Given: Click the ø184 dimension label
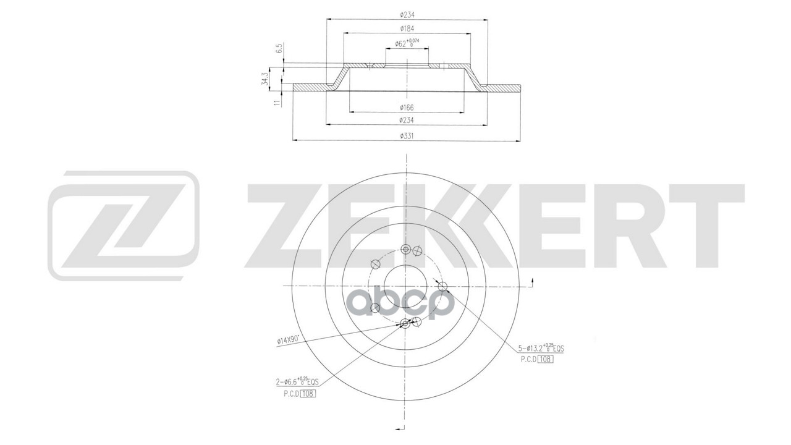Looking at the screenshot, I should [x=407, y=28].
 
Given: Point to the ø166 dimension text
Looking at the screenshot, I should [x=407, y=107].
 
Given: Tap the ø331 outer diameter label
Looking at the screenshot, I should [x=407, y=135].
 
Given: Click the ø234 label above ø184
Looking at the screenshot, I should [x=407, y=14].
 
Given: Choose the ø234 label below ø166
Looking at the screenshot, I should [x=407, y=120].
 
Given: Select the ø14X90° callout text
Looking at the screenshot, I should [x=288, y=339].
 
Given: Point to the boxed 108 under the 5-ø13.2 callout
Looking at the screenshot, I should [x=544, y=360].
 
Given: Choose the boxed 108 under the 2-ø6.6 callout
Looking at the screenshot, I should [x=307, y=394].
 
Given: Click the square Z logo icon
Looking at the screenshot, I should [x=124, y=227].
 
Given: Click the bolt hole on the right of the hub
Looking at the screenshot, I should [x=442, y=286].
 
